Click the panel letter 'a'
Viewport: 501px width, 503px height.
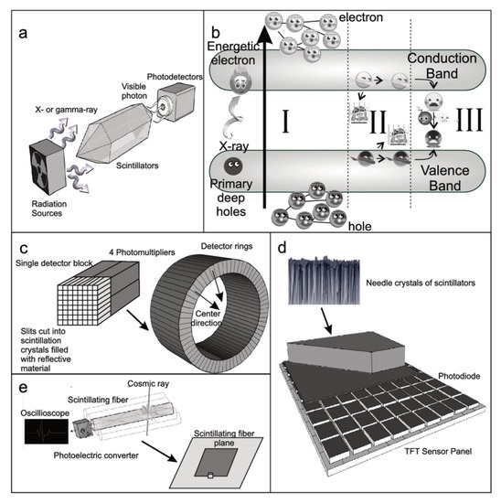tap(23, 33)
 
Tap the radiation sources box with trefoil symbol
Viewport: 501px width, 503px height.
tap(48, 166)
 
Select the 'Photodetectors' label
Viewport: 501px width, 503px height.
tap(175, 77)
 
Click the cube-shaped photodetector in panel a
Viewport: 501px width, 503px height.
tap(176, 102)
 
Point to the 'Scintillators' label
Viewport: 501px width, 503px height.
tap(137, 166)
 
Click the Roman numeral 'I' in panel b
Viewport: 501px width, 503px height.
tap(285, 121)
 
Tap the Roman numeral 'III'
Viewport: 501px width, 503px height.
tap(470, 120)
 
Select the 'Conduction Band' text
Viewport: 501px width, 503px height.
tap(442, 66)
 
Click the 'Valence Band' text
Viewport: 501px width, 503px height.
tap(445, 177)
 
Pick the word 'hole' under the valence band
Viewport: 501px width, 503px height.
tap(360, 227)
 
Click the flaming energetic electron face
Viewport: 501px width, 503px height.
tap(240, 81)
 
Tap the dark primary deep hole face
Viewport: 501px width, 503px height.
tap(233, 166)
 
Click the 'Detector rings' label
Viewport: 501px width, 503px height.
tap(227, 246)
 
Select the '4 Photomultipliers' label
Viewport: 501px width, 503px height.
tap(142, 252)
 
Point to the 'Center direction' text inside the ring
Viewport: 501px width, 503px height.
tap(207, 318)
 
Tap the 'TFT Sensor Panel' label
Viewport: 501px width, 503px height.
tap(438, 452)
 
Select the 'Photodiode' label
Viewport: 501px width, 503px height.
tap(459, 376)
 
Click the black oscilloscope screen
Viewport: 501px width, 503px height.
tap(47, 432)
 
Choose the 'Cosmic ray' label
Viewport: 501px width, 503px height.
tap(148, 384)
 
